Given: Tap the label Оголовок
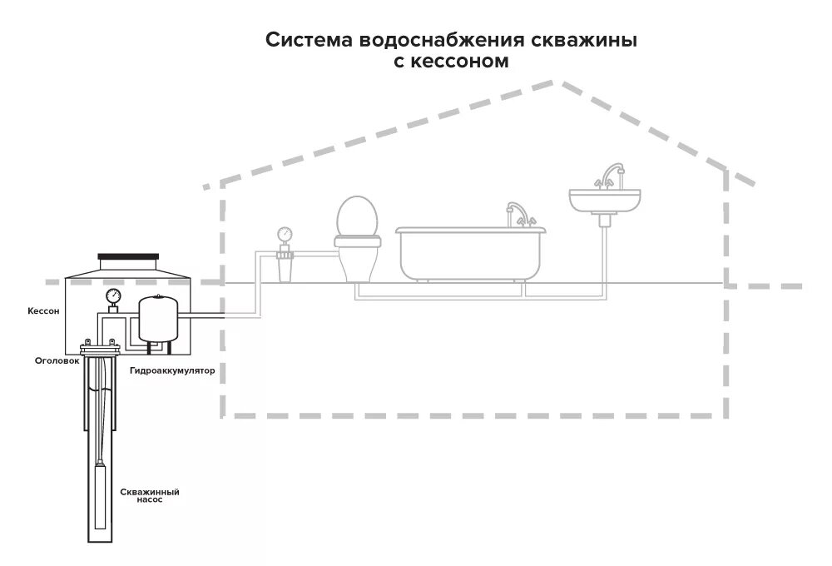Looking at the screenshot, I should pos(57,360).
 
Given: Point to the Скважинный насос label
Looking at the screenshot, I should pos(150,496).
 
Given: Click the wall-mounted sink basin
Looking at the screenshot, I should pos(606,200).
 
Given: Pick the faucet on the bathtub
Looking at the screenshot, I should pos(517,212).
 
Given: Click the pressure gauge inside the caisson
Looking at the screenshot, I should pos(113,295).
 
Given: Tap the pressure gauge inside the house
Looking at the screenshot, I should pos(286,234).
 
